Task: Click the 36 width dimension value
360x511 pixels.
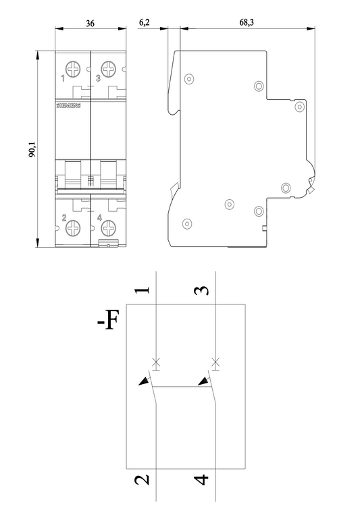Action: pos(90,24)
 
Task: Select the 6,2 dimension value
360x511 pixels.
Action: pos(144,22)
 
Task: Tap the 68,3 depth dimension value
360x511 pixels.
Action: pos(247,22)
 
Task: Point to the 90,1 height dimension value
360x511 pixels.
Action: pos(33,149)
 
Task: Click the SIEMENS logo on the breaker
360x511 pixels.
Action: pos(68,106)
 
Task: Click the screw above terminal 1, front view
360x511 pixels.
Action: pos(73,69)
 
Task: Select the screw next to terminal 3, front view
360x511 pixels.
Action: pos(109,69)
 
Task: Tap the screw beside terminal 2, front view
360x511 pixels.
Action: pos(73,227)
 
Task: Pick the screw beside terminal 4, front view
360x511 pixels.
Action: pos(109,227)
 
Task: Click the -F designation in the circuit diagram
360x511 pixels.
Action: pos(108,320)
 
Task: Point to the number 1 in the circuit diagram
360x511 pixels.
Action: pos(143,290)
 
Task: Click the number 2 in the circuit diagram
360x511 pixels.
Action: pos(142,480)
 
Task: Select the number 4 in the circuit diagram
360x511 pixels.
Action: pos(201,480)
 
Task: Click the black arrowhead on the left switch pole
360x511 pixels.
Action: pos(143,381)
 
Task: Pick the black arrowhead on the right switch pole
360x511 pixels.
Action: pos(203,381)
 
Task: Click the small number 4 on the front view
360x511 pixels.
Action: pos(99,217)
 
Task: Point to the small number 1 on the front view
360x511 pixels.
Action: pos(63,78)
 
